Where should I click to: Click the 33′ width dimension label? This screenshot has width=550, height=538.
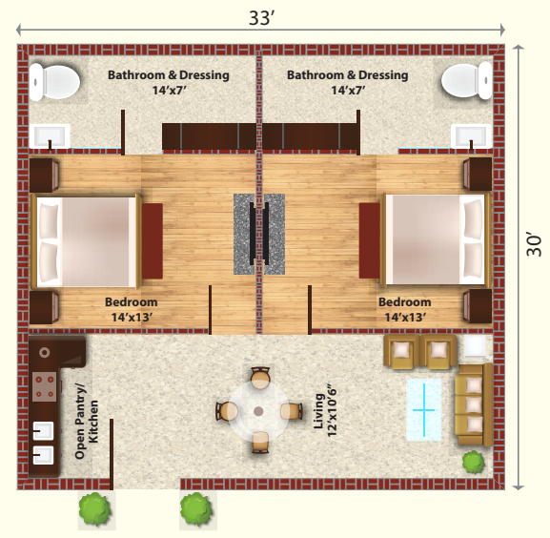click(261, 18)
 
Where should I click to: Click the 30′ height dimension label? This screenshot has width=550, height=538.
click(534, 244)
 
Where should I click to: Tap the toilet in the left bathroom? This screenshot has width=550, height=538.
click(54, 82)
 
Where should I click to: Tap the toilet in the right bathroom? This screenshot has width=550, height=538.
click(467, 80)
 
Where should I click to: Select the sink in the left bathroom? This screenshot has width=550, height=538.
click(50, 136)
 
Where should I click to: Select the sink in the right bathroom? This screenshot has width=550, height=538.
click(471, 135)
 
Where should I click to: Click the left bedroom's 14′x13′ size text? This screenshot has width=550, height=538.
click(132, 318)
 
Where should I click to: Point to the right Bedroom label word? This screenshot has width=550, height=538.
click(405, 302)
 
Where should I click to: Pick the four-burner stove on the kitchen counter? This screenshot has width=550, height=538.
click(45, 386)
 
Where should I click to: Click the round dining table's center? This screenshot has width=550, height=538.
click(258, 411)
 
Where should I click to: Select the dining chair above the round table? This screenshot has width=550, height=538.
click(260, 377)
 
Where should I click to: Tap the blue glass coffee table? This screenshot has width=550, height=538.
click(424, 409)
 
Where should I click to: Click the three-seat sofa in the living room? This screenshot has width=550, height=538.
click(474, 404)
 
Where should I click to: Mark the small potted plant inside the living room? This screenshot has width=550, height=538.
click(474, 463)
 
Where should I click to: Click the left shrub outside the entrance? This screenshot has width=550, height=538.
click(94, 508)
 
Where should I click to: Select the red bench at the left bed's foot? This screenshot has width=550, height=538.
click(153, 241)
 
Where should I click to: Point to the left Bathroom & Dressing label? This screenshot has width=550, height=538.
click(169, 82)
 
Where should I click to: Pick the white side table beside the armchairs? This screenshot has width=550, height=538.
click(476, 345)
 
